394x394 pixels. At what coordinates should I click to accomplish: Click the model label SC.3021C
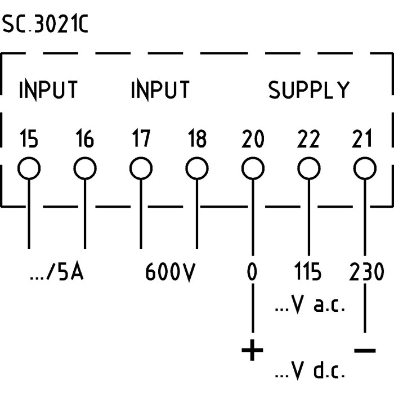click(x=45, y=25)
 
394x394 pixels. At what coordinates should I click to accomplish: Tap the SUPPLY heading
click(x=308, y=90)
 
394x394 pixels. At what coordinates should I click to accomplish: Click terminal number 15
click(x=29, y=138)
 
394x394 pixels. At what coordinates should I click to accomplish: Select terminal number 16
click(x=84, y=138)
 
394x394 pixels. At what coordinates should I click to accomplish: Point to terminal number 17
click(x=141, y=138)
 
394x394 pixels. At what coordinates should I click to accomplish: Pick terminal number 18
click(x=196, y=138)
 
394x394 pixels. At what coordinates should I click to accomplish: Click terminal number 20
click(x=253, y=138)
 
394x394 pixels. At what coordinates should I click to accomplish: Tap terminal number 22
click(x=308, y=138)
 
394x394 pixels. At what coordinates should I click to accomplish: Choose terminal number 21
click(x=364, y=138)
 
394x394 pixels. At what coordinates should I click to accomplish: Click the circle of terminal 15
click(x=29, y=168)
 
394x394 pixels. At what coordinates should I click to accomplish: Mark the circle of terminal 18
click(x=196, y=168)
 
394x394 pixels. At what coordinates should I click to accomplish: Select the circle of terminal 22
click(x=308, y=168)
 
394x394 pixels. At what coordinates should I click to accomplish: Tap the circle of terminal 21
click(x=364, y=168)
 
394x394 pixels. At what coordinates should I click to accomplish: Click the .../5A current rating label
click(x=56, y=273)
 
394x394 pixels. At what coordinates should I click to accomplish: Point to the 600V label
click(x=170, y=273)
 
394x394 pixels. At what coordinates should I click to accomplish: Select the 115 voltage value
click(x=308, y=273)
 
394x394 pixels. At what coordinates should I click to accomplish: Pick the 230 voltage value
click(x=367, y=273)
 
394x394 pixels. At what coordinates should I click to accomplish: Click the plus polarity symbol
click(x=252, y=352)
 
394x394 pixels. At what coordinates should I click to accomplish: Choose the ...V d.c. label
click(x=309, y=372)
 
